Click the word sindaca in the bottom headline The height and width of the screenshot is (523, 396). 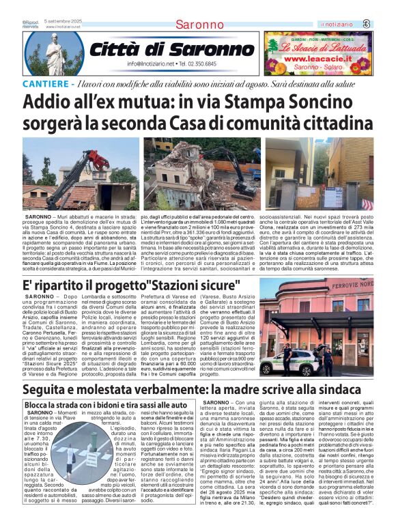pyautogui.click(x=352, y=390)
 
